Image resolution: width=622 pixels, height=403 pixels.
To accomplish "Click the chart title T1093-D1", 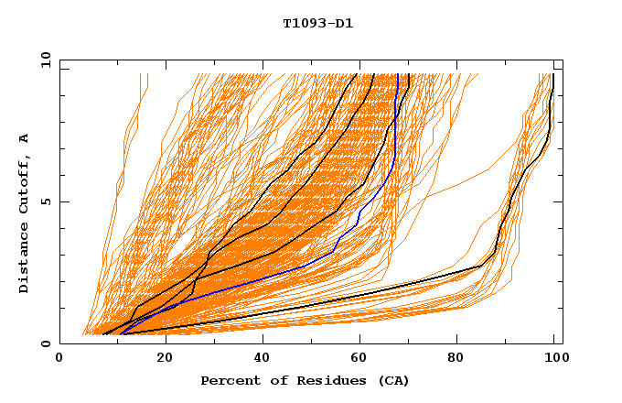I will point(317,23).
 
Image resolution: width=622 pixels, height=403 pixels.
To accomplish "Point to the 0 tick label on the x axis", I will point(59,358).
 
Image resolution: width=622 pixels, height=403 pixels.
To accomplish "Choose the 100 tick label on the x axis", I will point(553,358).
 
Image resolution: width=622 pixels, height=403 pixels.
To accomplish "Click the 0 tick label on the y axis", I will point(45,343).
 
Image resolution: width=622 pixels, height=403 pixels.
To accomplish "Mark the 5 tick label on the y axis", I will point(45,201).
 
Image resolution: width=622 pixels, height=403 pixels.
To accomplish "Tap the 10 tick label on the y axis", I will point(42,60).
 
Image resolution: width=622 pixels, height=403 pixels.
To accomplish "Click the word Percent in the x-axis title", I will point(226,380).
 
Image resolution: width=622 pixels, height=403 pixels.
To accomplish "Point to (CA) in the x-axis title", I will point(391,380).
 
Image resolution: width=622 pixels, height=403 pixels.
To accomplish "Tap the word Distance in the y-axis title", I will point(25,260).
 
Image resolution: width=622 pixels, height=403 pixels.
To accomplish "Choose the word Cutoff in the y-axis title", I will point(25,182).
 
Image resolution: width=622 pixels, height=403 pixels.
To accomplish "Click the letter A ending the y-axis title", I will point(25,137).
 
